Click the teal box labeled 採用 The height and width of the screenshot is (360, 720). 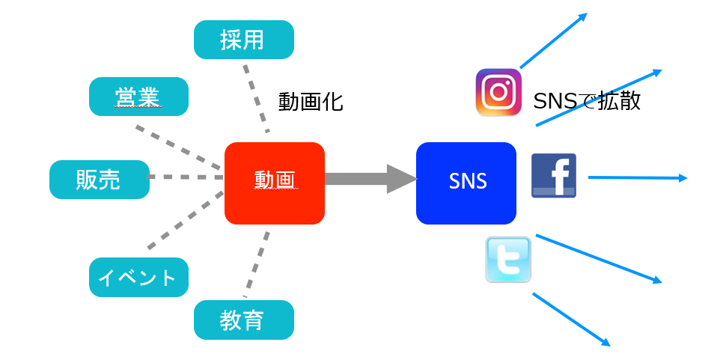click(x=243, y=40)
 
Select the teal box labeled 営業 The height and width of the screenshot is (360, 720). click(x=138, y=97)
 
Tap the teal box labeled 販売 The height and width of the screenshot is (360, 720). click(x=99, y=180)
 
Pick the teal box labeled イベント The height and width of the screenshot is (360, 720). click(x=138, y=278)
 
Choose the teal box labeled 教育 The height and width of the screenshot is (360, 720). click(x=243, y=320)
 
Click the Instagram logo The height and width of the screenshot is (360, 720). click(x=498, y=93)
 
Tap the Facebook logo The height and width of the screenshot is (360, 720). click(x=553, y=175)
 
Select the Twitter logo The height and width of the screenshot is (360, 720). click(x=508, y=260)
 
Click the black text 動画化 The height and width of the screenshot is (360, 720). click(x=311, y=102)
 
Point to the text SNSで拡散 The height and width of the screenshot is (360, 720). click(x=587, y=101)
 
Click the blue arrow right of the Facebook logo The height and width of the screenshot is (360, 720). click(x=636, y=178)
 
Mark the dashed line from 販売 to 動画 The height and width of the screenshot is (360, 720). click(x=186, y=177)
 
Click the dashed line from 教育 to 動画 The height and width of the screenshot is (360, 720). click(x=257, y=262)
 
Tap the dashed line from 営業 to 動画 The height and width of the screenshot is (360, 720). click(x=180, y=145)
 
